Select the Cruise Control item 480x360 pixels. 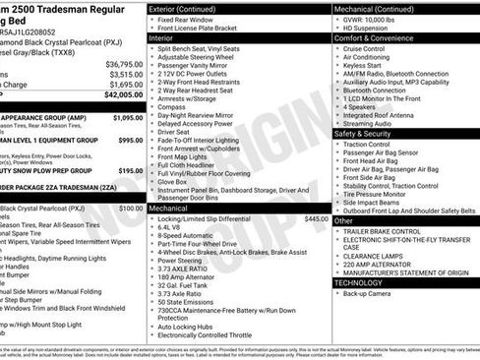click(x=364, y=48)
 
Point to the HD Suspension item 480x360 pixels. click(x=369, y=27)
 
